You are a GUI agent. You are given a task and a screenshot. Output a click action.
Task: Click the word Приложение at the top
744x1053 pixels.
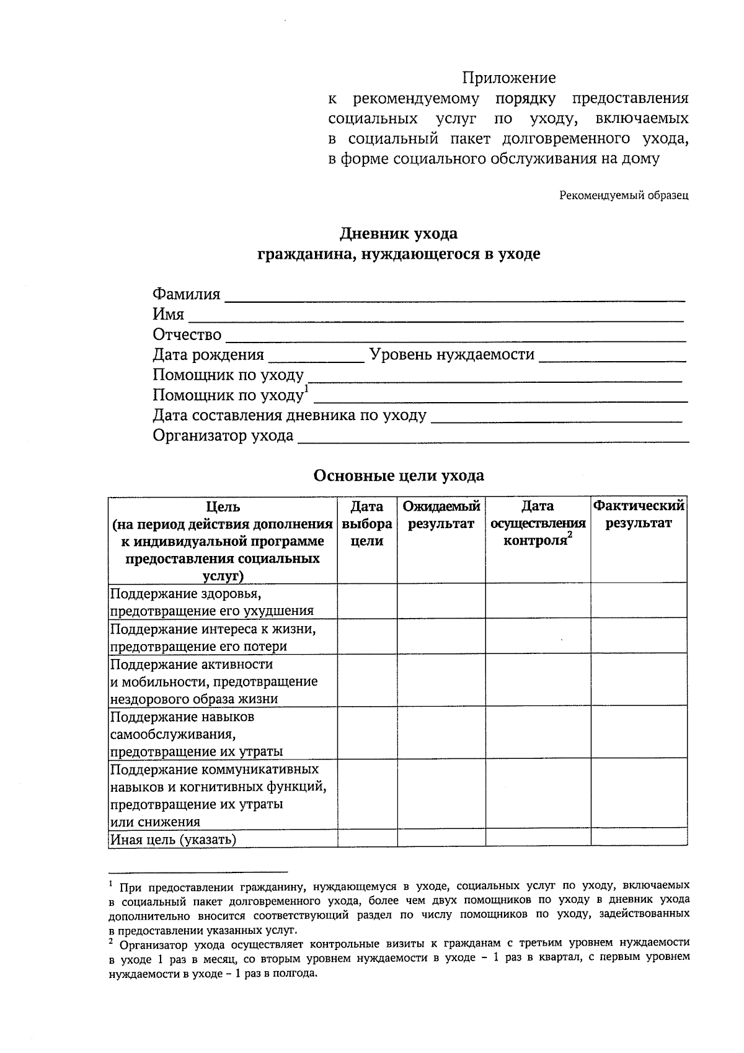508,78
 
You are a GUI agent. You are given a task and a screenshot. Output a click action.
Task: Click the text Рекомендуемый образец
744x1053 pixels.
624,195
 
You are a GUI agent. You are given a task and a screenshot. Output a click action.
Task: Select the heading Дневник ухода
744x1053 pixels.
398,234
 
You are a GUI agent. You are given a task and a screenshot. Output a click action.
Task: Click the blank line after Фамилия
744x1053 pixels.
454,296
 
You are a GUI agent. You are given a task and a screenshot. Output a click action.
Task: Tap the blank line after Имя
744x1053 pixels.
435,316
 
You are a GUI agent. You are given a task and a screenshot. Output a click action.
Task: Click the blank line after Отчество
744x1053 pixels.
455,337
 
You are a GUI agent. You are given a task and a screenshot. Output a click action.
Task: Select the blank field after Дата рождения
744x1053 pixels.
316,357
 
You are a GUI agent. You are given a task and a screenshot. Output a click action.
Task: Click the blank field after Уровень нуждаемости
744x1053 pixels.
613,357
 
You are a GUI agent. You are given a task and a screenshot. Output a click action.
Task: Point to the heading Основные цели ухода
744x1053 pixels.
398,476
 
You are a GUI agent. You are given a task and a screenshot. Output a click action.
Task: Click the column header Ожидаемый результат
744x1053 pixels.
441,515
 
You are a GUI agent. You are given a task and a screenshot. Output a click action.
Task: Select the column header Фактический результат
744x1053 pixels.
639,515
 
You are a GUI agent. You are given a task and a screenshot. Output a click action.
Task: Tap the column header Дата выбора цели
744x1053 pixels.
367,524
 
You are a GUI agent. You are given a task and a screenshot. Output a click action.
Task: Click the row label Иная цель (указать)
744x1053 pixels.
174,840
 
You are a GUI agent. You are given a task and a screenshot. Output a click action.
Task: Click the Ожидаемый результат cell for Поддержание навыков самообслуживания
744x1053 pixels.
441,733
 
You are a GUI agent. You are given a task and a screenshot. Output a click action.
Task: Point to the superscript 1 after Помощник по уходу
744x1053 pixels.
306,390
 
